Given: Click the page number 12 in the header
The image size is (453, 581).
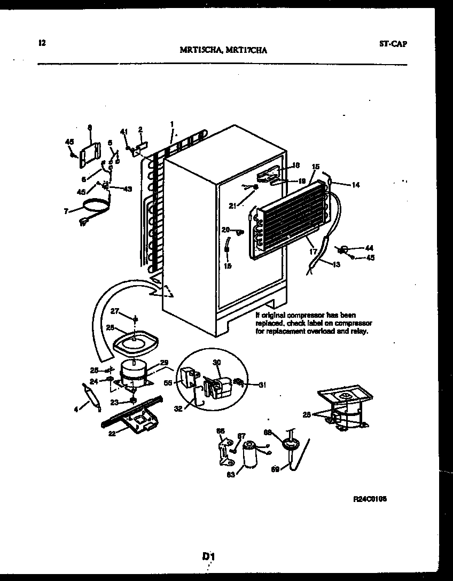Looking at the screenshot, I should (x=42, y=43).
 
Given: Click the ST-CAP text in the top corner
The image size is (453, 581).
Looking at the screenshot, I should (x=393, y=44).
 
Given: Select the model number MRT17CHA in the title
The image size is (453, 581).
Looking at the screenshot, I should (x=247, y=50).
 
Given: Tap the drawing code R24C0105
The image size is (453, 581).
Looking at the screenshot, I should (x=370, y=499).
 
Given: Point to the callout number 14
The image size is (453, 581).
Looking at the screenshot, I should (x=355, y=185).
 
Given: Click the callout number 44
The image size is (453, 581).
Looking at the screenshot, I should (x=369, y=248).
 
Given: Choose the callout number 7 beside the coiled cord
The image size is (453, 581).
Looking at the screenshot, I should (x=65, y=211).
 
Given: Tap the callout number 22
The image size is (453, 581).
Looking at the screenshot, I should (x=111, y=433).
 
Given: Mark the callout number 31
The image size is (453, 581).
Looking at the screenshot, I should (x=262, y=385).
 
